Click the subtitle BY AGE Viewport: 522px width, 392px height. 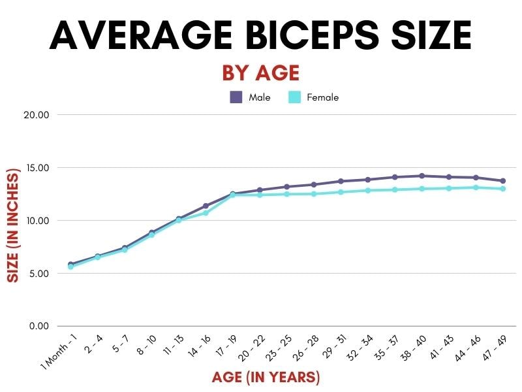(260, 73)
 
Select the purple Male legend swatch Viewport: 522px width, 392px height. (236, 97)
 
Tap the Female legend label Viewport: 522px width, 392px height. (322, 97)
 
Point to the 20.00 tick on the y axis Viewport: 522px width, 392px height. (36, 115)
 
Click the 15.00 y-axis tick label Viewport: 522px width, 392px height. (36, 168)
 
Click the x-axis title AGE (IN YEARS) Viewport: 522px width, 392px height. (266, 378)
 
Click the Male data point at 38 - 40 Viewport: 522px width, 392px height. (422, 176)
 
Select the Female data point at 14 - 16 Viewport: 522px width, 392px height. (206, 213)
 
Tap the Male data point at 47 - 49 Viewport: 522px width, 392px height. (503, 181)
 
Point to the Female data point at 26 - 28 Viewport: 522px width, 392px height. (314, 194)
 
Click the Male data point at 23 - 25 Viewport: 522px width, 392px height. (287, 187)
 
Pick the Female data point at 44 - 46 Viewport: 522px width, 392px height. (476, 188)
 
